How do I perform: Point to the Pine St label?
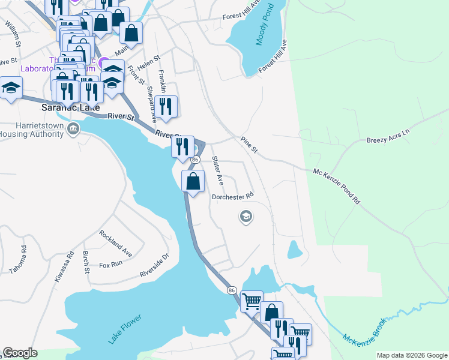[249, 145]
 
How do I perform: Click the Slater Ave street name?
[217, 170]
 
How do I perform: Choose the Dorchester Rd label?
[233, 196]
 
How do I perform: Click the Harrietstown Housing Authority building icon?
[73, 128]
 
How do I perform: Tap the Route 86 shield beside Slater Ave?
[195, 160]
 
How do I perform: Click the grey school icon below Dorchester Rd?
[245, 216]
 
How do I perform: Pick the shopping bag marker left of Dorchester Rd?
[193, 181]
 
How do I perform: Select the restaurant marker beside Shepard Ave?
[166, 107]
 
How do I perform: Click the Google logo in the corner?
[20, 353]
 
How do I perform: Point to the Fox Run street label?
[110, 264]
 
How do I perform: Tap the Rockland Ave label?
[116, 241]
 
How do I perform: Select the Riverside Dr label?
[155, 265]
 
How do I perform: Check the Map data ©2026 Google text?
[411, 355]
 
